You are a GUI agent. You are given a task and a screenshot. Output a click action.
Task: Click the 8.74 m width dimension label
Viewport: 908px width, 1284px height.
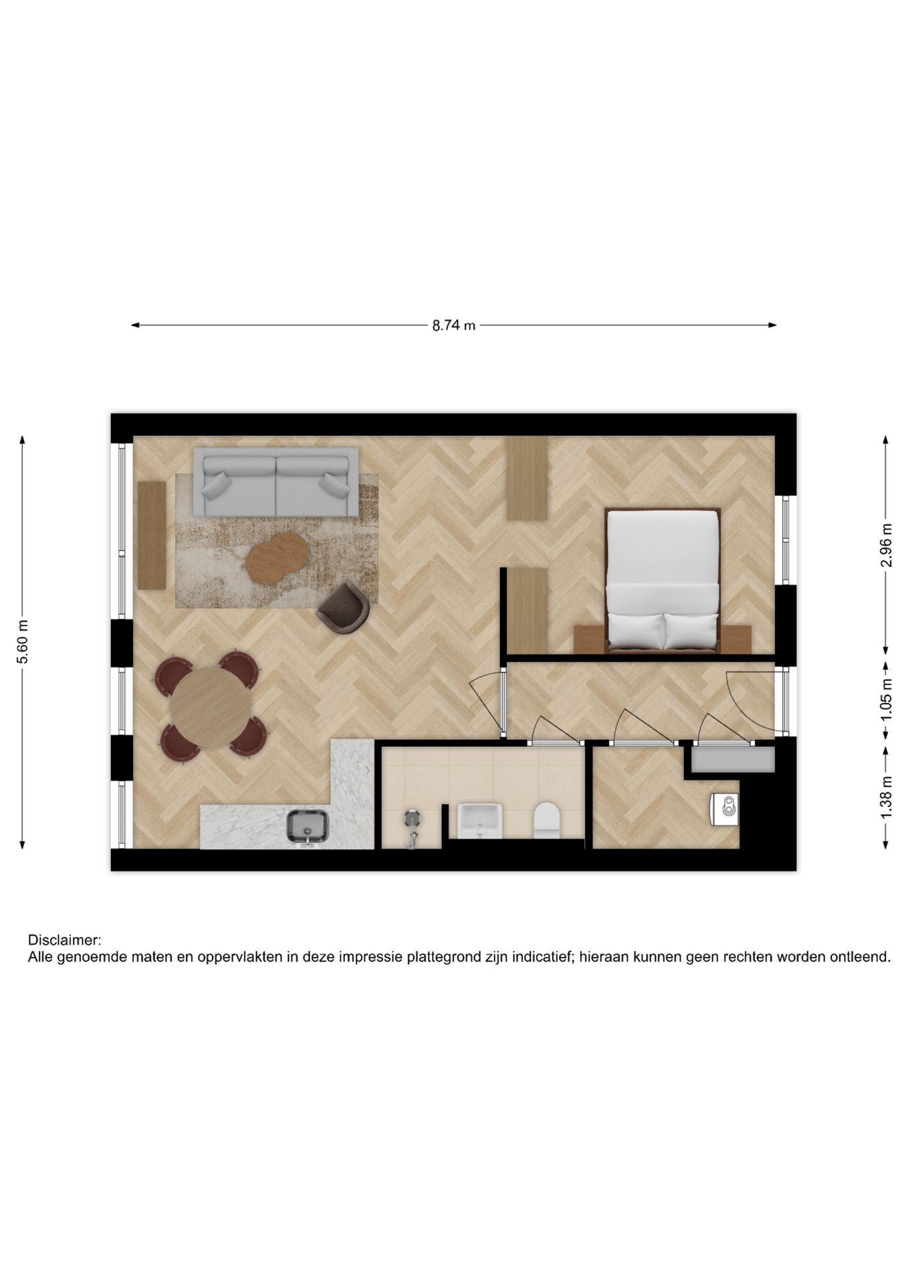tap(453, 326)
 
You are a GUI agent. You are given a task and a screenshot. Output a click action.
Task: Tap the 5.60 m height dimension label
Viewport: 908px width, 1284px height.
tap(23, 642)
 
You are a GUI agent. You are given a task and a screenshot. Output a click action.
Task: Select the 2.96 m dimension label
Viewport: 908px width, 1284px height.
tap(887, 544)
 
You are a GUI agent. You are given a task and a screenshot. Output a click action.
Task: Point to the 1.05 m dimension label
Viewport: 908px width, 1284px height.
tap(887, 700)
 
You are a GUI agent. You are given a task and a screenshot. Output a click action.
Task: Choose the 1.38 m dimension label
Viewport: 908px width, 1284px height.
tap(887, 796)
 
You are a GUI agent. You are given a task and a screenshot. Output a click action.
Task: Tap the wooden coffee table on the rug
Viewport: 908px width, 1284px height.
tap(276, 557)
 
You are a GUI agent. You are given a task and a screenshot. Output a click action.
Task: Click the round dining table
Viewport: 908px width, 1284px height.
tap(209, 708)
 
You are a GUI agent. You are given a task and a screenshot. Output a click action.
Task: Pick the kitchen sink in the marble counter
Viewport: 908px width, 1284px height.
tap(308, 827)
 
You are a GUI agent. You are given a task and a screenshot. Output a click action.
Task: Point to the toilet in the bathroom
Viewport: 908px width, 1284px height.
tap(546, 820)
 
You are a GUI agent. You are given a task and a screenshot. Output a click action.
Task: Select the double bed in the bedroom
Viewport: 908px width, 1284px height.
tap(662, 579)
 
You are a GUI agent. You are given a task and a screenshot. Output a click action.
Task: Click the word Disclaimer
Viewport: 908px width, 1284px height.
tap(64, 940)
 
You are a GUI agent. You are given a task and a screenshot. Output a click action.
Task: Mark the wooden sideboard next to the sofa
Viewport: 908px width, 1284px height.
tap(152, 535)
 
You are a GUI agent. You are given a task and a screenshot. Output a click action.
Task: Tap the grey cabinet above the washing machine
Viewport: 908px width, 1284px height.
tap(733, 760)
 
